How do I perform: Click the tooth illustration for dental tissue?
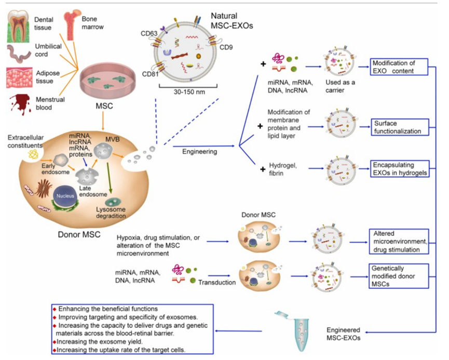tap(19, 21)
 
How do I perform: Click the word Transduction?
tap(219, 283)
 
